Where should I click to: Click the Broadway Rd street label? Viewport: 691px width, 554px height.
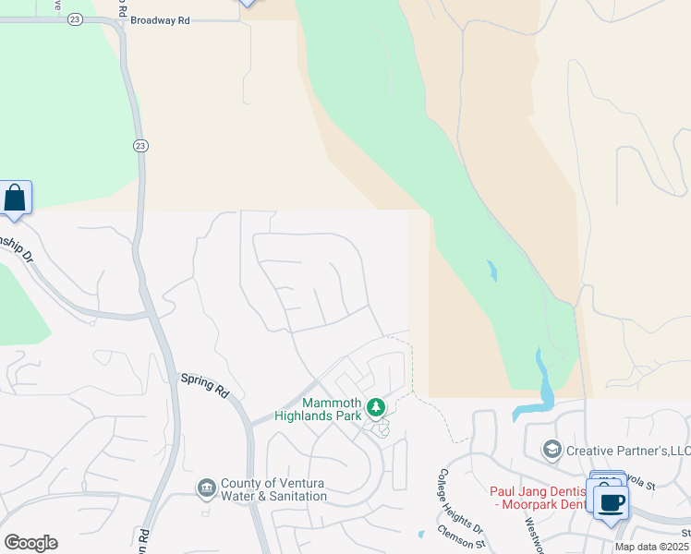point(160,18)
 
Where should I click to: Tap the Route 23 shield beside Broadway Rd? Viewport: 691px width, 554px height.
point(75,18)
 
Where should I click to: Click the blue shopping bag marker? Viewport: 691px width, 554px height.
point(15,198)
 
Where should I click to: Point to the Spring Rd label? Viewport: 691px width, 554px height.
point(203,384)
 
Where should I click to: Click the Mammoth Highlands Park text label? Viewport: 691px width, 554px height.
point(333,409)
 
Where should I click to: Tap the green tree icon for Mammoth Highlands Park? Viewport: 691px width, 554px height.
point(375,406)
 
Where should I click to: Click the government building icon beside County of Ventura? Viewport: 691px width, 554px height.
point(206,487)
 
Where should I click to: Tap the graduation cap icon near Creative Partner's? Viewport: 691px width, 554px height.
point(552,450)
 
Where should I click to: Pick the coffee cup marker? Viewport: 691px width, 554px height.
point(612,503)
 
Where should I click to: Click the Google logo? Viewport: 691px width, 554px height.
point(30,543)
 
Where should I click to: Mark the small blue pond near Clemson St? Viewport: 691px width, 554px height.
point(420,533)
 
